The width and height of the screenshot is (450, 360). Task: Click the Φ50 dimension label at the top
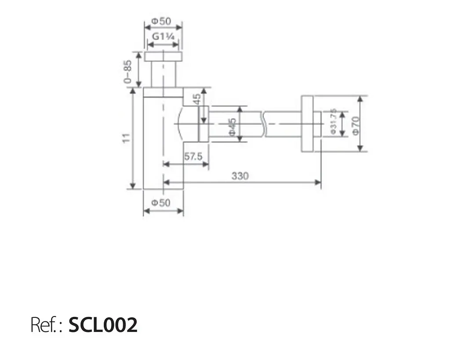[161, 21]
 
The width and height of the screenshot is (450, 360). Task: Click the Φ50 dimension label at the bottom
[161, 203]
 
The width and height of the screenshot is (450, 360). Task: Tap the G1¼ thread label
[163, 37]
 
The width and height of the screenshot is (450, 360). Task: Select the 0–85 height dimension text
[127, 72]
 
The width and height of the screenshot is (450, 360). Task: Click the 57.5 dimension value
[193, 156]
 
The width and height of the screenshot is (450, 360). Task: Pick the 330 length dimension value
[240, 176]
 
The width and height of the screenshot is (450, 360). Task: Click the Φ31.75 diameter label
[333, 121]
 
